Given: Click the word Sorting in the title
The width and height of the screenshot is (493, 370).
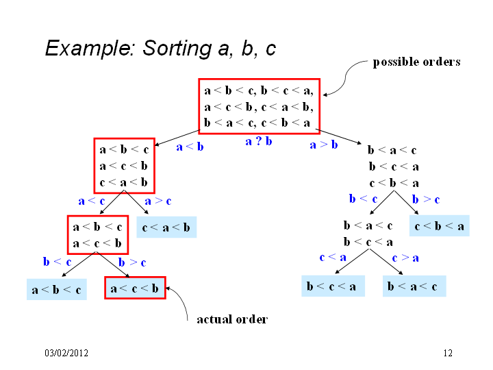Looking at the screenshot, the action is (x=177, y=49).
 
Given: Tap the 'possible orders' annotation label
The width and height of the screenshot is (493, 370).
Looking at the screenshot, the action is (x=416, y=62).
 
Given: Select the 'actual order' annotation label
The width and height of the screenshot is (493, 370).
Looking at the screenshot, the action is (x=232, y=319).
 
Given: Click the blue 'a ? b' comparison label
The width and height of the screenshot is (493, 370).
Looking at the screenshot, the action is (x=259, y=141).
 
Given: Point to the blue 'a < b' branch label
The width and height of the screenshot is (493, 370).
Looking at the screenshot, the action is (x=190, y=147).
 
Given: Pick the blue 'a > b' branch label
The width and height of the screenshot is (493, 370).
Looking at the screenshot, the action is (x=324, y=145).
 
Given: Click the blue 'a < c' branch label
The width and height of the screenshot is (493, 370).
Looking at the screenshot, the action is (x=92, y=201).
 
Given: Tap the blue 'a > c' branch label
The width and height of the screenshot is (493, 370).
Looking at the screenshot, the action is (x=158, y=201).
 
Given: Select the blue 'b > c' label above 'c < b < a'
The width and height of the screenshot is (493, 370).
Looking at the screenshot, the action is (x=426, y=199).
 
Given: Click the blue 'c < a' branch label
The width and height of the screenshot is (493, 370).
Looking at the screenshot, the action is (x=333, y=258).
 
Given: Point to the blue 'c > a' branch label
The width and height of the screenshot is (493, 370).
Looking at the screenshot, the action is (x=405, y=258).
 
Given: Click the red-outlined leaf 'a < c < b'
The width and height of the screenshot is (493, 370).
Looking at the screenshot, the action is (x=135, y=288).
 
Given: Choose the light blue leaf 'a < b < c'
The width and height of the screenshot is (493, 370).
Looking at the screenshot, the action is (x=57, y=289).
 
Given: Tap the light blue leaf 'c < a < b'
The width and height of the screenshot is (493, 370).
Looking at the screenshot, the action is (x=166, y=227).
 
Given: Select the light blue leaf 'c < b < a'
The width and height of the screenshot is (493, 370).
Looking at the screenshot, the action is (x=439, y=226).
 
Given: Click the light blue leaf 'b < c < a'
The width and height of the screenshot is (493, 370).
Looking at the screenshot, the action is (x=333, y=286).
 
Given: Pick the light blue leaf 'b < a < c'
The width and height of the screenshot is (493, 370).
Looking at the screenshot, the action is (x=414, y=286).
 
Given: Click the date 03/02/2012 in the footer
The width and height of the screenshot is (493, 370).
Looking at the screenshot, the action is (x=66, y=353).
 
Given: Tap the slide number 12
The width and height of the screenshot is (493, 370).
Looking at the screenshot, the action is (x=448, y=353).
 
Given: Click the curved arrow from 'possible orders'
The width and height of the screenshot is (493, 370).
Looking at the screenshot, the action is (x=345, y=77).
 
